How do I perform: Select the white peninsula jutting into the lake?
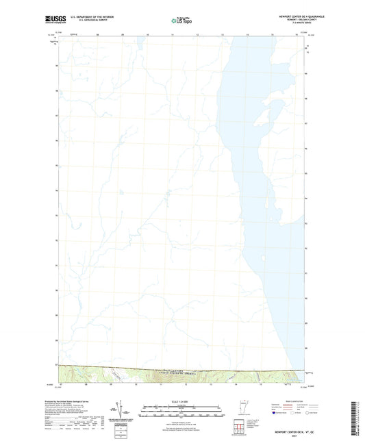[x=271, y=110]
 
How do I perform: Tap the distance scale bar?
[x=182, y=412]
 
